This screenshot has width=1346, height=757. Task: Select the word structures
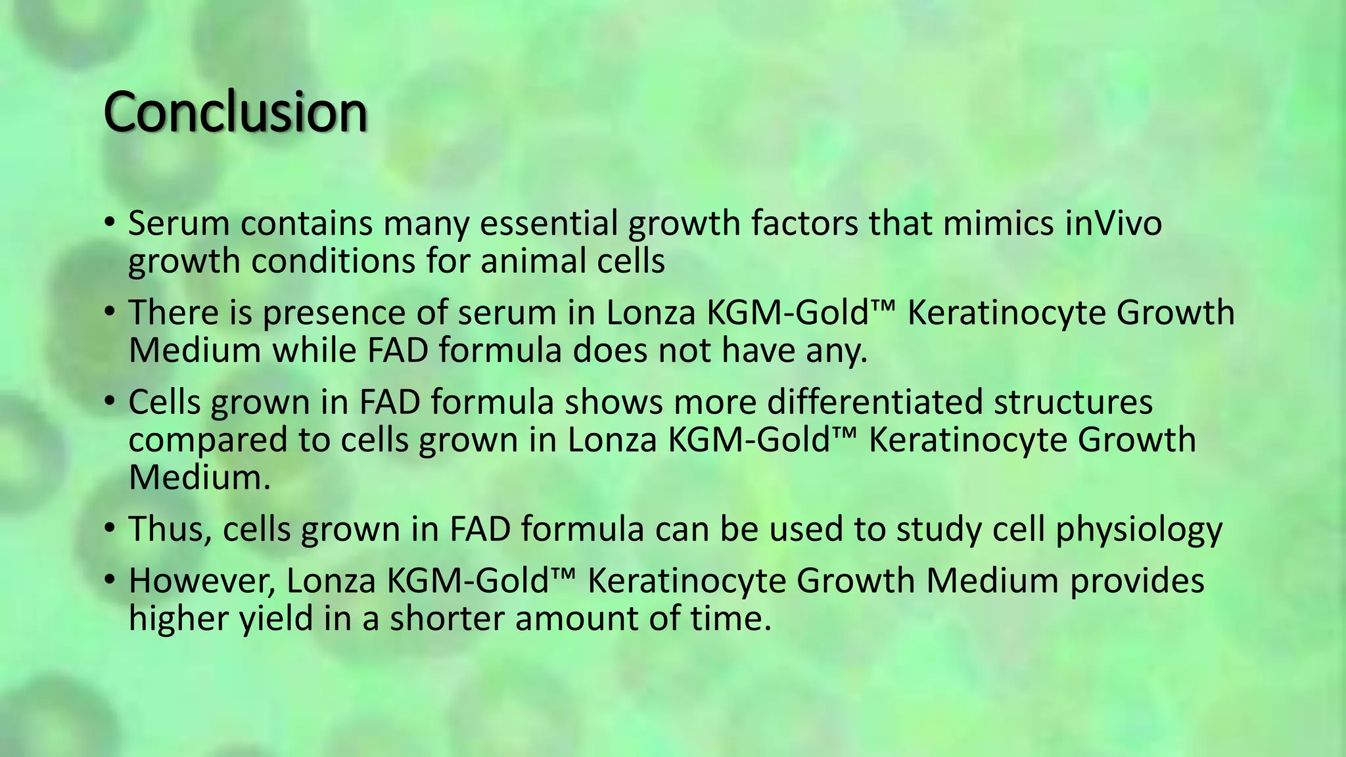coord(1073,401)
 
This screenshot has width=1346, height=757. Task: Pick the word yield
coord(276,619)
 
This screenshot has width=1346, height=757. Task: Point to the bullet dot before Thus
coord(110,527)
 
